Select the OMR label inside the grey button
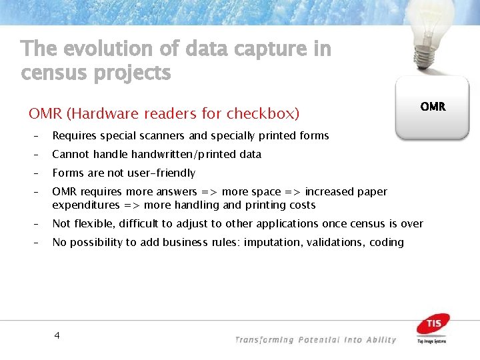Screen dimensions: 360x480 pos(433,107)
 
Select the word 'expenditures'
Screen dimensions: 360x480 pos(85,205)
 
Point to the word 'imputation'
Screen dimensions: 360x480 pos(273,242)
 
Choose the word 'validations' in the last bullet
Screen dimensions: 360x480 pos(334,242)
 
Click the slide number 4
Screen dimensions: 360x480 pos(57,335)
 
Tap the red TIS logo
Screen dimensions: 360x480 pos(433,325)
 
